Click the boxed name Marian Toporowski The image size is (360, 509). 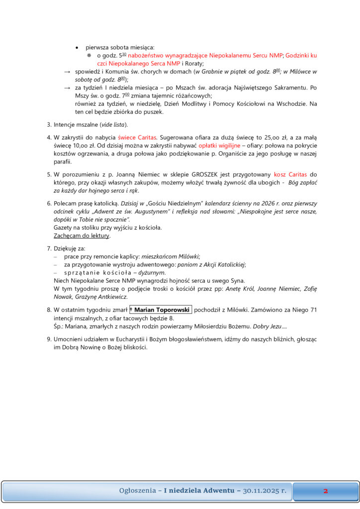[x=160, y=310]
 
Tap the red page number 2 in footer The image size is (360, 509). [x=325, y=491]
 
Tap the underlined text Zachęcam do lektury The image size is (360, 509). [x=82, y=236]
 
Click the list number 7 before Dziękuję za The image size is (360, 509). [x=49, y=248]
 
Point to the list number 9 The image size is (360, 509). [x=49, y=339]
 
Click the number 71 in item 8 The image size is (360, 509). [x=313, y=310]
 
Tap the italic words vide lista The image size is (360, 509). [x=113, y=124]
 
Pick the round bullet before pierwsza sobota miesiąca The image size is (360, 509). [x=77, y=47]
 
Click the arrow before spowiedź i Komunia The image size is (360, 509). [x=67, y=72]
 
